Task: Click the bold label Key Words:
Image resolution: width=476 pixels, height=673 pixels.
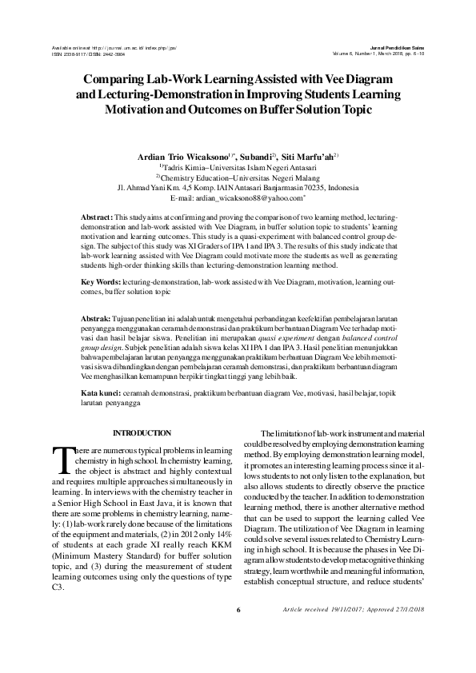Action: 102,282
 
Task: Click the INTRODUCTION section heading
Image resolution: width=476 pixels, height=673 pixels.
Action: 142,432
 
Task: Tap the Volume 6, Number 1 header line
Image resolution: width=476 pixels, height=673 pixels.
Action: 376,54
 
